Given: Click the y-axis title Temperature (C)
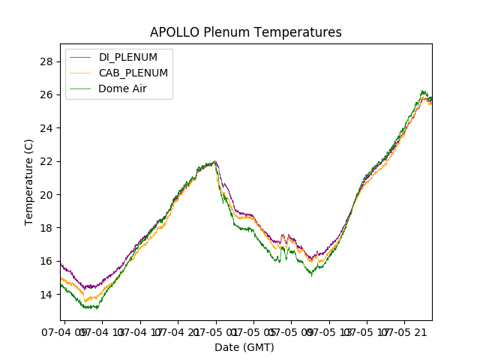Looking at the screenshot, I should click(29, 182).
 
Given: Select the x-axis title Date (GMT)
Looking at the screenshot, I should click(244, 347).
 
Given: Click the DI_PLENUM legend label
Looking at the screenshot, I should click(128, 58).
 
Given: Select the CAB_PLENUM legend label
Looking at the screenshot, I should click(133, 73).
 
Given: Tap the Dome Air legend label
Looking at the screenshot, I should click(124, 88).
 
